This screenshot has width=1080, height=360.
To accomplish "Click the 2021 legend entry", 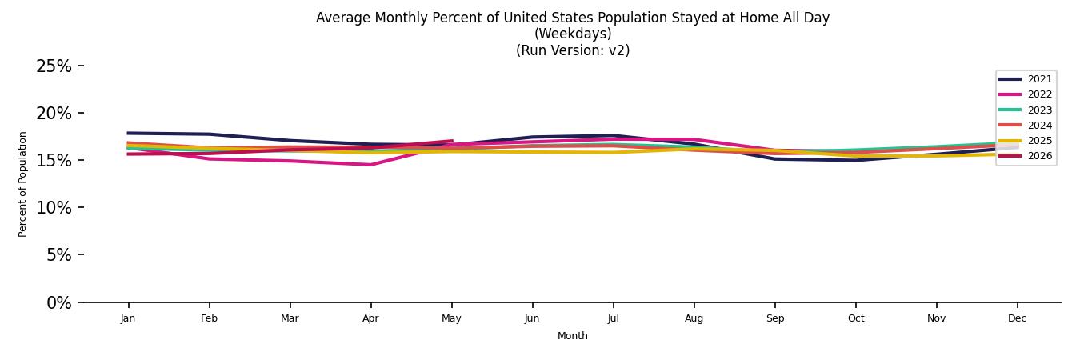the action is coord(1026,79).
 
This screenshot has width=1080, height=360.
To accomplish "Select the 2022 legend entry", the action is coord(1026,94).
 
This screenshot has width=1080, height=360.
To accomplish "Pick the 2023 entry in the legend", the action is coord(1026,110).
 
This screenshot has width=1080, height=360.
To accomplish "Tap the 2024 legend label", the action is coord(1040,126).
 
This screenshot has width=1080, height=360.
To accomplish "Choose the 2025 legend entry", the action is coord(1026,141).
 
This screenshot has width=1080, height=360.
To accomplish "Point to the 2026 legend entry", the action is coord(1026,156).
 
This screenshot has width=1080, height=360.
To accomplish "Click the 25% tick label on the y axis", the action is coord(54,66).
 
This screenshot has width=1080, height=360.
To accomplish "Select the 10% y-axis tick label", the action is coord(54,208).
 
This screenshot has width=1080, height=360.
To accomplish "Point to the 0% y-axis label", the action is coord(59,303).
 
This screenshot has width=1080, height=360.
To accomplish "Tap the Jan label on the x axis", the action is coord(128,318).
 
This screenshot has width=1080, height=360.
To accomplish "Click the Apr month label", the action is coord(370,318).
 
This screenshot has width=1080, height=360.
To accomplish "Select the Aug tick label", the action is coord(694,318).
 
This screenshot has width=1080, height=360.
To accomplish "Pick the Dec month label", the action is coord(1018,318).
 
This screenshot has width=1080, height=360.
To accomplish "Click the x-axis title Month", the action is coord(572,336).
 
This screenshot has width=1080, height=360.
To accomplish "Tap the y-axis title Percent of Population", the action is coord(22,185).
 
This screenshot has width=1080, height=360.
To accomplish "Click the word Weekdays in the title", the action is coord(573,34).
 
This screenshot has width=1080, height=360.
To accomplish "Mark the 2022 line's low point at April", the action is coord(370,165).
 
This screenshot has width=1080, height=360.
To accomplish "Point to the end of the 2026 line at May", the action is coord(452,141).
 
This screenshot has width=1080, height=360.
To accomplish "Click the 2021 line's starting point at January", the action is coord(128,133).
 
